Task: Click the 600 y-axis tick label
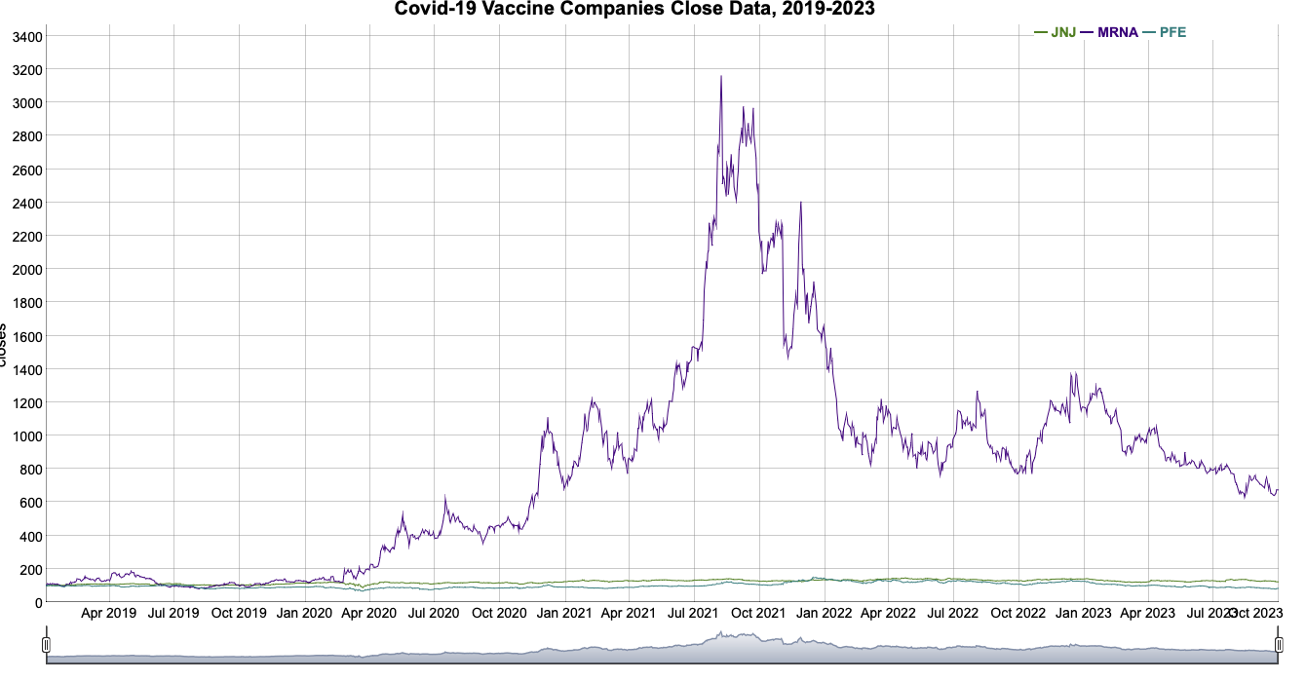(27, 503)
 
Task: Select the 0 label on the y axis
(37, 603)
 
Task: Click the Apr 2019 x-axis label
(108, 614)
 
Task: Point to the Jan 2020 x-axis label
(304, 614)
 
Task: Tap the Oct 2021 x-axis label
(758, 614)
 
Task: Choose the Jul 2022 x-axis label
(952, 614)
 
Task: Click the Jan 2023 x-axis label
(1083, 614)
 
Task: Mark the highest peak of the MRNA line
(721, 77)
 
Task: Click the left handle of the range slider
(46, 645)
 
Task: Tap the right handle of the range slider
(1279, 645)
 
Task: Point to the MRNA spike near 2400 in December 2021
(801, 203)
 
